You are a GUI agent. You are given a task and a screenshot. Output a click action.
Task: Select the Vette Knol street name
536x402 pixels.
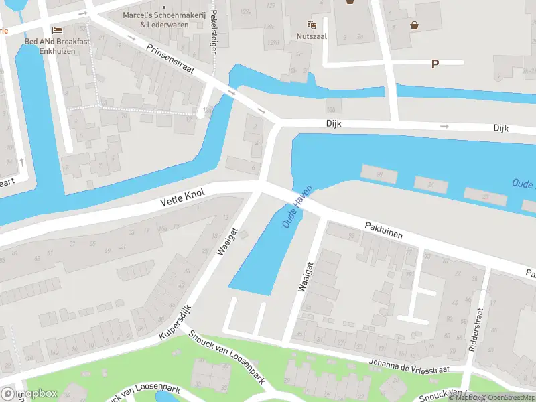tap(182, 197)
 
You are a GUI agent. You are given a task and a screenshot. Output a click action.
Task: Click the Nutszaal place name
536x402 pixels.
tap(312, 36)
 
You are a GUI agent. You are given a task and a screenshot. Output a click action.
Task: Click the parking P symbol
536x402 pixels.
tap(435, 64)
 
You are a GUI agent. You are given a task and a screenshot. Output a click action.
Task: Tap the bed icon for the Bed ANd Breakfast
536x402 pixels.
tap(57, 30)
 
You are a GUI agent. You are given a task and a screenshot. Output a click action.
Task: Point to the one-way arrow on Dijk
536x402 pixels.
tap(444, 126)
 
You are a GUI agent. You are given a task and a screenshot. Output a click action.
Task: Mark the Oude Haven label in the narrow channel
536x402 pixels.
tap(298, 206)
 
